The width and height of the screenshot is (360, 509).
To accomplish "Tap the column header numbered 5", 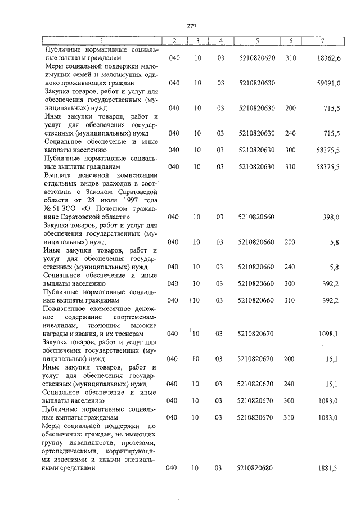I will (256, 41).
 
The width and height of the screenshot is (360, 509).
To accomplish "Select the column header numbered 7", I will (322, 41).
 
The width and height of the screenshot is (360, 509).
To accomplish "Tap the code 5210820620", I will (256, 58).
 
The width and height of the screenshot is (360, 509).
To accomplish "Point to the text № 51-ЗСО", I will (57, 209).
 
